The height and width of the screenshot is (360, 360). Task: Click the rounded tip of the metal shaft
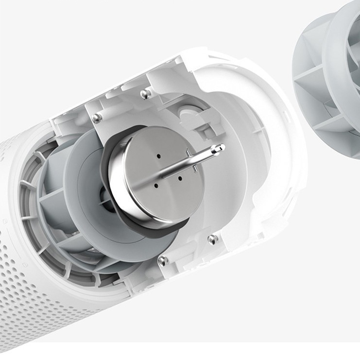click(221, 147)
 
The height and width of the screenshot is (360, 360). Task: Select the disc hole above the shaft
click(159, 156)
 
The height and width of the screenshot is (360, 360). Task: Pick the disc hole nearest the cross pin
click(180, 178)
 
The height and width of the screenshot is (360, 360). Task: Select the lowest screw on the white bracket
click(164, 260)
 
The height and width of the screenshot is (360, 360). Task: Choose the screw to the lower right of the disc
click(212, 239)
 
